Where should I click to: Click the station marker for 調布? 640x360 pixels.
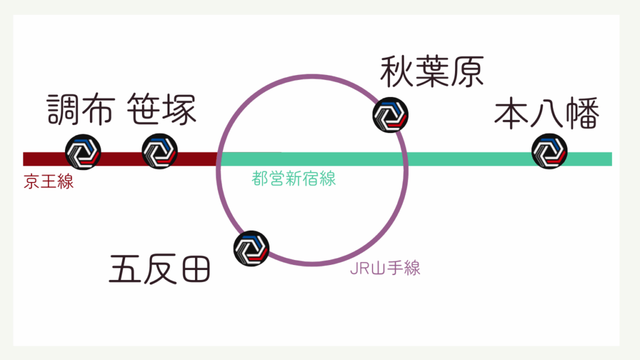click(83, 151)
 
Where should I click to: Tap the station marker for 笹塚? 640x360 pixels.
click(160, 151)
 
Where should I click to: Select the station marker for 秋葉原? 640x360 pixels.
click(391, 114)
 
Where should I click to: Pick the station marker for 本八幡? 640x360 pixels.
click(549, 151)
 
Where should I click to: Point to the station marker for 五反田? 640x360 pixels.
click(251, 249)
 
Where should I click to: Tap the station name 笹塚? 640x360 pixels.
click(162, 110)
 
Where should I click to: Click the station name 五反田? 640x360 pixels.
click(159, 269)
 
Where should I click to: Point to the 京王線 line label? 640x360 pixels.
click(49, 183)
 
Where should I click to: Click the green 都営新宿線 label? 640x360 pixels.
click(294, 179)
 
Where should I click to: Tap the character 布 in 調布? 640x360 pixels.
click(98, 110)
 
